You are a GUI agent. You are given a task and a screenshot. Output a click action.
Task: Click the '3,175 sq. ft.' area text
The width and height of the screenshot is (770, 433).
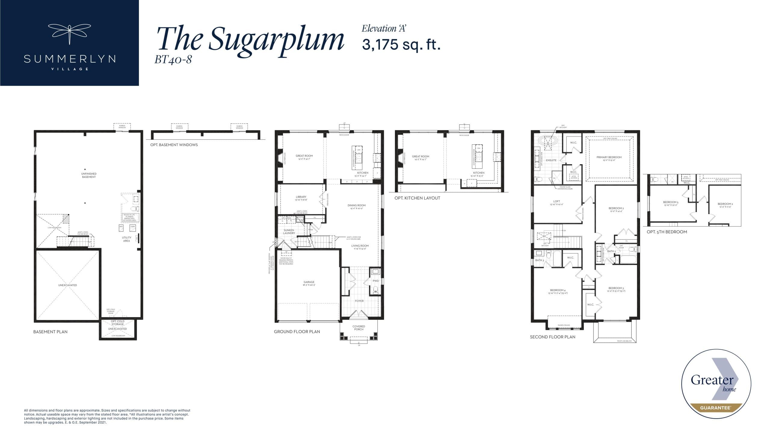[401, 45]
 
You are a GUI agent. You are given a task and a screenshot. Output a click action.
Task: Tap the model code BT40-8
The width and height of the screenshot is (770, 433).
[173, 60]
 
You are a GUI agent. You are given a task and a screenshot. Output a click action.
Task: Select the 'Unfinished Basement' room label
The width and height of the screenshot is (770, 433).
[89, 175]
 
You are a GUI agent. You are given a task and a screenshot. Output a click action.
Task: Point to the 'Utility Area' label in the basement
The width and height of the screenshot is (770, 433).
[127, 239]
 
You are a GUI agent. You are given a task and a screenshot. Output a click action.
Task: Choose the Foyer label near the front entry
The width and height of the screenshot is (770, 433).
[359, 301]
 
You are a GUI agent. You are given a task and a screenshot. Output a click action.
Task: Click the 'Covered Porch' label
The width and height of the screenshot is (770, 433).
[359, 328]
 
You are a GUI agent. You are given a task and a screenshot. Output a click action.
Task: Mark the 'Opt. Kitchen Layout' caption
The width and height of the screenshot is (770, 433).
[417, 198]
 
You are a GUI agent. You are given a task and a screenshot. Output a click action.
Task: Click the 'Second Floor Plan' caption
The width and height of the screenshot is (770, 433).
[553, 337]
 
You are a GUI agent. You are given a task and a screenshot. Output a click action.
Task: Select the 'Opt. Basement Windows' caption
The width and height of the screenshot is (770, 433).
[174, 145]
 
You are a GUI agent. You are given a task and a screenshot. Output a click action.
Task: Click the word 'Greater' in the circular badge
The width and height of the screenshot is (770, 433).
[712, 380]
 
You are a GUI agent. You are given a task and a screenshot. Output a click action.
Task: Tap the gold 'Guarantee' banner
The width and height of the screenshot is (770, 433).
[716, 408]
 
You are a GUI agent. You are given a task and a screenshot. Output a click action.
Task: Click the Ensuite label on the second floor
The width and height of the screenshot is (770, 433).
[551, 160]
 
